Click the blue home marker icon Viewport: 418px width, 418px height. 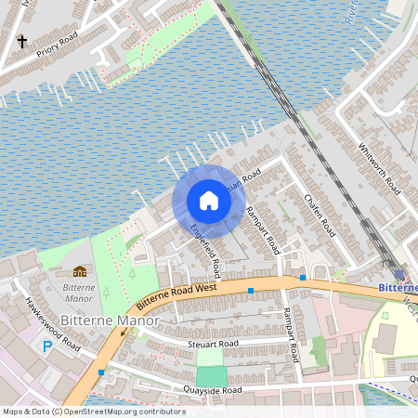209,201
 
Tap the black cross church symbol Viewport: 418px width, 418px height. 22,42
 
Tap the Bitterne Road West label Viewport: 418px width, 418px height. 176,296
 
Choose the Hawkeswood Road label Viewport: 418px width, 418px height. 54,320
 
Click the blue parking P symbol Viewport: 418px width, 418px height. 47,346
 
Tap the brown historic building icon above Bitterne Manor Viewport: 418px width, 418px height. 80,271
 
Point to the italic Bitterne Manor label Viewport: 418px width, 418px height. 79,294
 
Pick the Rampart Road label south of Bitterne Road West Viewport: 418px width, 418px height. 290,335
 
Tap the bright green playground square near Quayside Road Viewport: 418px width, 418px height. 212,375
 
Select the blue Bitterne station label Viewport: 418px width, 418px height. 398,288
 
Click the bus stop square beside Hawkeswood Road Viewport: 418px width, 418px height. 100,372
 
